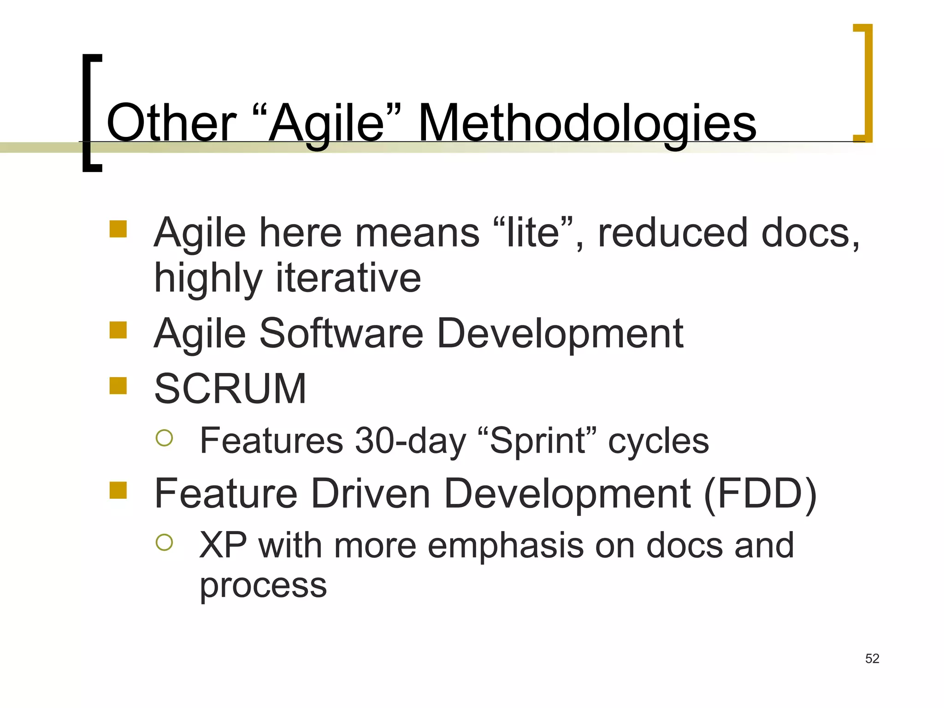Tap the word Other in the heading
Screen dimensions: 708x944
(171, 124)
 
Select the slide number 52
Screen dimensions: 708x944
(872, 659)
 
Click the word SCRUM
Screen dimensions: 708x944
(230, 389)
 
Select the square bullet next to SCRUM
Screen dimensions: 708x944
(118, 386)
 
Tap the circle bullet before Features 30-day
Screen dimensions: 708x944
(165, 438)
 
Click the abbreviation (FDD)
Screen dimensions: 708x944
(760, 494)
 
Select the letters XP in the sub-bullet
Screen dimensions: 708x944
(223, 545)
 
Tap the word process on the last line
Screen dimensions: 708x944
(263, 586)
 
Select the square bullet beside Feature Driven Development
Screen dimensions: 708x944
(118, 490)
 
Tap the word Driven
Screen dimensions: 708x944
(371, 494)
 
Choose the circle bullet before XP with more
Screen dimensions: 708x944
(165, 543)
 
